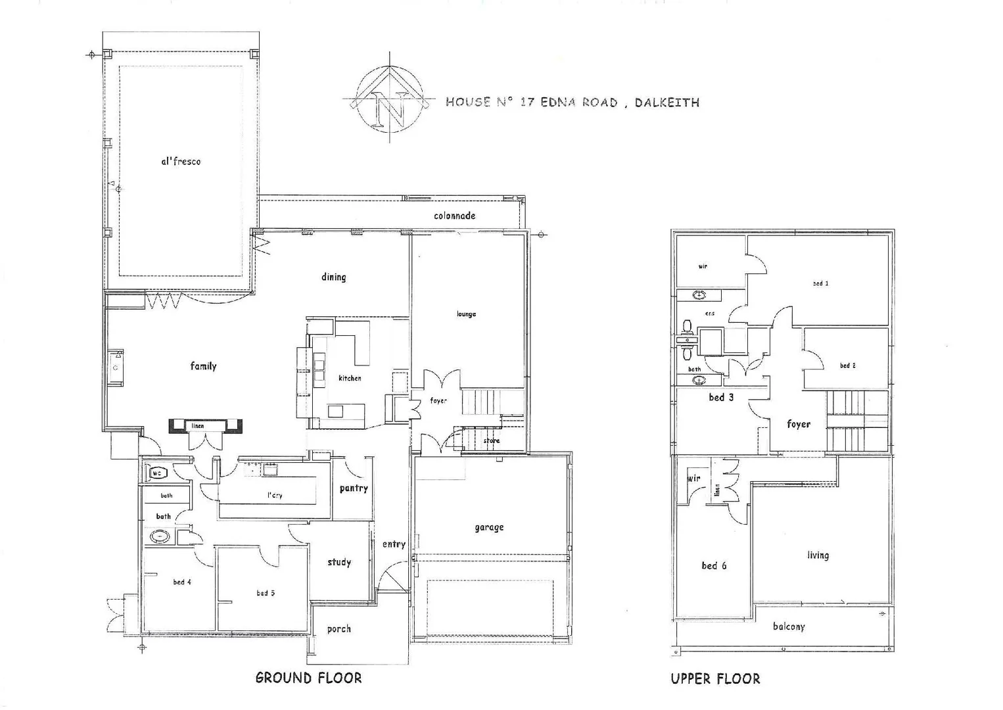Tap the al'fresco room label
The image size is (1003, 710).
(181, 161)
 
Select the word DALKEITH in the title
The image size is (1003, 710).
(666, 103)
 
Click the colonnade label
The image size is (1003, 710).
(454, 216)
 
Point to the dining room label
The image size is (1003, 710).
(333, 277)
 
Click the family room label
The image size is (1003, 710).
(203, 366)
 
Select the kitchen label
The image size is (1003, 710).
(350, 378)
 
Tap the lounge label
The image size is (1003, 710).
(466, 314)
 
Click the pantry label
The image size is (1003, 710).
(354, 488)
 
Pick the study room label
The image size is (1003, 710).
(339, 562)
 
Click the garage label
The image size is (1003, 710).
(489, 527)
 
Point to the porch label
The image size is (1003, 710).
(338, 629)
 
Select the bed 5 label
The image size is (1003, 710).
(266, 593)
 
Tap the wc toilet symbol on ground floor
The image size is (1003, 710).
(158, 473)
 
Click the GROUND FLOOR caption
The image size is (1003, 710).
(308, 678)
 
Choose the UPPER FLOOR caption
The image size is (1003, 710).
(715, 679)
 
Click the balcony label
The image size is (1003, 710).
(788, 627)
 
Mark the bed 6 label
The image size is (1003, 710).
(714, 565)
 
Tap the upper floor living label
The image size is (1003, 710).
(818, 556)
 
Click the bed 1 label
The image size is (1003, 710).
(820, 283)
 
